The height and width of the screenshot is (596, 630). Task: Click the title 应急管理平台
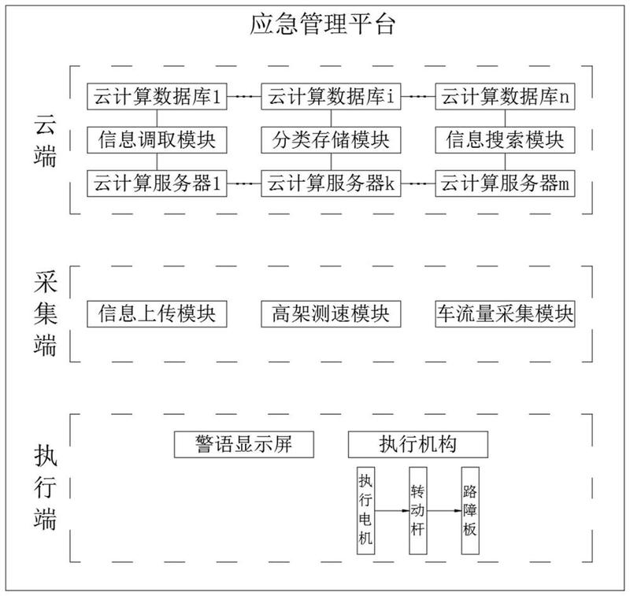point(323,23)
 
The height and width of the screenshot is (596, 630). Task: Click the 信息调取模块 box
point(157,141)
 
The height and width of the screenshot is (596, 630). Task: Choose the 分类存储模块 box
point(332,141)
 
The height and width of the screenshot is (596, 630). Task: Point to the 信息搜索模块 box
point(505,141)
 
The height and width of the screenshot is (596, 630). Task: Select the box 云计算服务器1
point(157,184)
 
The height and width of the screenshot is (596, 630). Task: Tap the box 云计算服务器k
point(332,184)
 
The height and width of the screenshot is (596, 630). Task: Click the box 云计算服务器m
point(505,184)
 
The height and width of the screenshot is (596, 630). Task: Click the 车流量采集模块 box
point(505,313)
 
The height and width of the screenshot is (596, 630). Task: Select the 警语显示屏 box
point(244,444)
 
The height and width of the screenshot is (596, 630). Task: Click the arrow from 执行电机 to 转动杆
point(391,510)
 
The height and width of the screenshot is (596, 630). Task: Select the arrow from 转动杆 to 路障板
point(444,510)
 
